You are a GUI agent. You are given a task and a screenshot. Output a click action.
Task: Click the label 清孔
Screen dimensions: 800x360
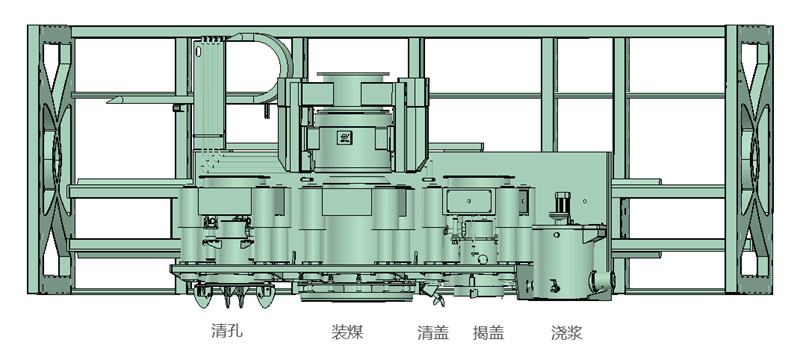point(227,331)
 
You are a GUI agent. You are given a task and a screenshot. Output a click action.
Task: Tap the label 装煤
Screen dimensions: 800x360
point(347,332)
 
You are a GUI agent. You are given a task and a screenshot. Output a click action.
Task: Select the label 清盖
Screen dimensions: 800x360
point(433,333)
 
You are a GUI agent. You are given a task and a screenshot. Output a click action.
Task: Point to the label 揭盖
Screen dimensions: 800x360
point(488,333)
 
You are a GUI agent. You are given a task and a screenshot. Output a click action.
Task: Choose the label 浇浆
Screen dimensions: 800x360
point(566,333)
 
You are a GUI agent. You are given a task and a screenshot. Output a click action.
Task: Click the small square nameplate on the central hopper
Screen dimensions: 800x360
point(345,137)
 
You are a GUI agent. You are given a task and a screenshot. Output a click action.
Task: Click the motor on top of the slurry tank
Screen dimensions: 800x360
point(563,208)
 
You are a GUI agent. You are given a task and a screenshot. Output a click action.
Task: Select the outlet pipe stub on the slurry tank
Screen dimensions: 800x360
point(603,280)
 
